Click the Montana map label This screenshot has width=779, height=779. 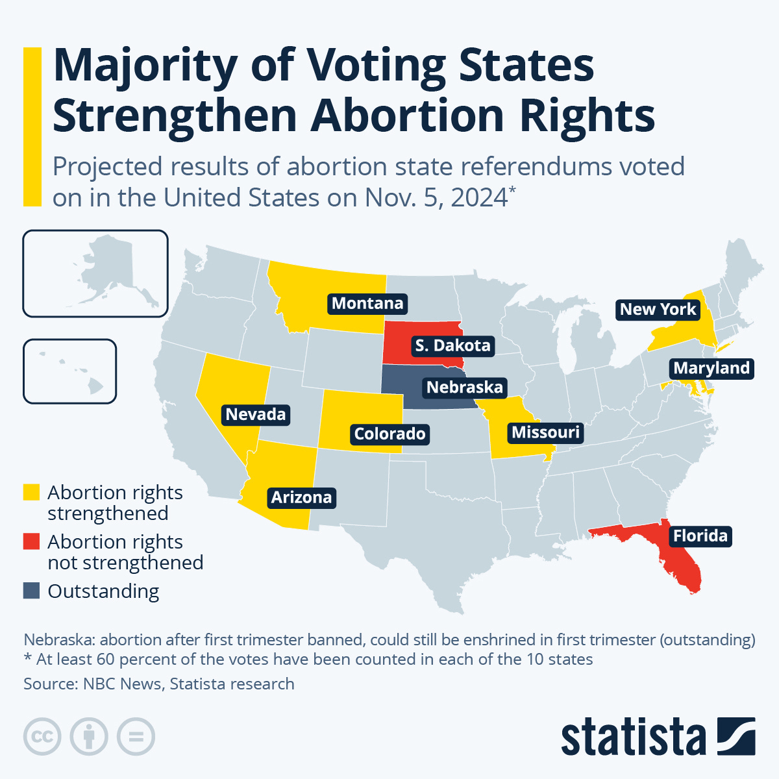click(x=367, y=303)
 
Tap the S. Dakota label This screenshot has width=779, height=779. click(x=452, y=345)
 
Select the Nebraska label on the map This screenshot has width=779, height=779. click(x=464, y=388)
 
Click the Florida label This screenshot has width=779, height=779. click(x=700, y=536)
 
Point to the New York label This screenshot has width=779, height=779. click(x=658, y=309)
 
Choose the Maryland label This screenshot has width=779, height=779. click(x=711, y=368)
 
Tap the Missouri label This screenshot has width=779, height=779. click(x=545, y=432)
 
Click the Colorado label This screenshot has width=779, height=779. click(x=389, y=434)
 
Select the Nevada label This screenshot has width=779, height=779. click(x=255, y=414)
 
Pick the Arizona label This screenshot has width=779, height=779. click(x=301, y=497)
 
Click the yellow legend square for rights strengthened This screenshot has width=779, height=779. click(x=31, y=493)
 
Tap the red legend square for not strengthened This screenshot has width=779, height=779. click(x=31, y=542)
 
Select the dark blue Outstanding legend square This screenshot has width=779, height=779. click(x=31, y=591)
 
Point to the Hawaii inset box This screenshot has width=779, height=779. click(x=69, y=371)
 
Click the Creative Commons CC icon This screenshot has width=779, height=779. click(x=42, y=737)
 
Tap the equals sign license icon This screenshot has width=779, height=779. click(x=136, y=737)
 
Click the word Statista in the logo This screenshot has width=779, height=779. click(x=633, y=737)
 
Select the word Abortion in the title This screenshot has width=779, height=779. click(x=408, y=116)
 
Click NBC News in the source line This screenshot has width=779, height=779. click(x=120, y=684)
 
